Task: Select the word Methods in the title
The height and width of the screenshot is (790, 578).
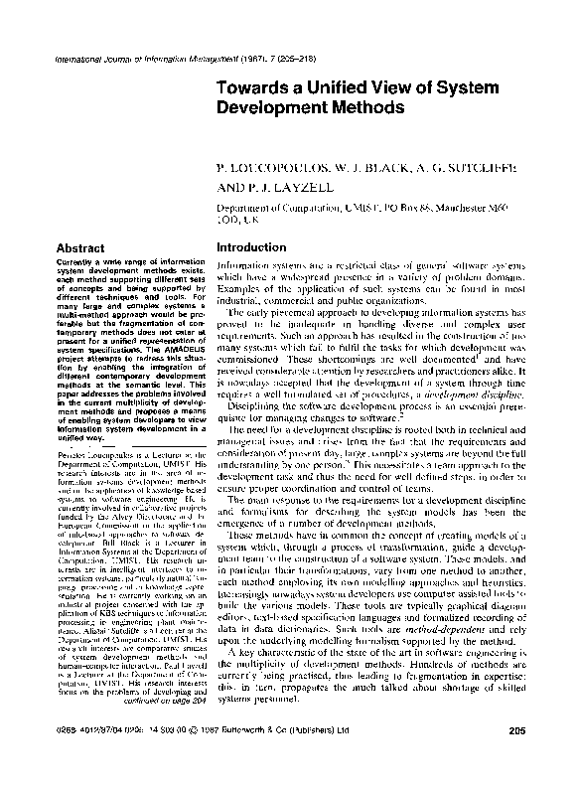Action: coord(344,108)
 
